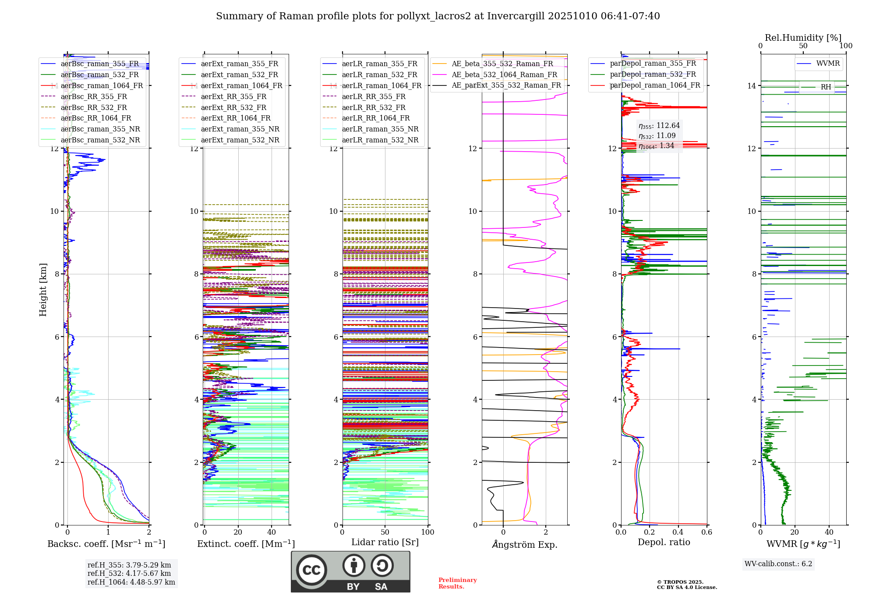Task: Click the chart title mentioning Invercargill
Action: tap(438, 16)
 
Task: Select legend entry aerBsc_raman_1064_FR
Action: tap(102, 85)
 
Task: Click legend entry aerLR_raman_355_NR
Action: tap(380, 129)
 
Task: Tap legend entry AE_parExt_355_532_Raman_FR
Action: tap(506, 85)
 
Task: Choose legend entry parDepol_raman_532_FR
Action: tap(653, 74)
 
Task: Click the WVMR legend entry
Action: tap(827, 64)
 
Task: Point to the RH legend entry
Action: tap(826, 87)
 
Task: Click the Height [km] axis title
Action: tap(43, 289)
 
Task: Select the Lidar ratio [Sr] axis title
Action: tap(385, 542)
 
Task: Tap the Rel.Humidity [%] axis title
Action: tap(803, 38)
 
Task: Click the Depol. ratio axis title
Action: tap(664, 542)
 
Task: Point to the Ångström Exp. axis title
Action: tap(524, 544)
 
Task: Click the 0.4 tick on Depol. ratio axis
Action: tap(678, 532)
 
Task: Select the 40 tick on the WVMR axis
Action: tap(829, 532)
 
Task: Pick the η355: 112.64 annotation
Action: tap(659, 126)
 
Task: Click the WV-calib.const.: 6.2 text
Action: tap(778, 564)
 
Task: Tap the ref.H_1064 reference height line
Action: tap(131, 582)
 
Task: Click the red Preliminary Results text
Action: tap(457, 583)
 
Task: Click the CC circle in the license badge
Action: tap(311, 570)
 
